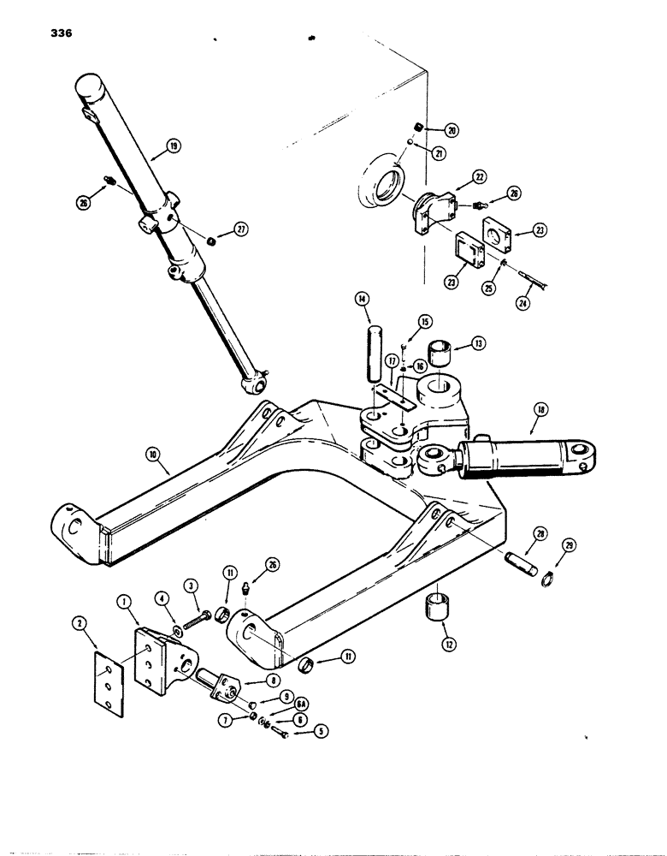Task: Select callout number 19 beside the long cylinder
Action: (x=174, y=146)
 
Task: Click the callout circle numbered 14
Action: (x=362, y=300)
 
